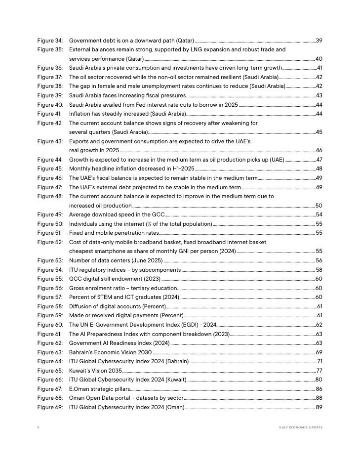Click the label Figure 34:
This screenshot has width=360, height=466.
click(x=50, y=41)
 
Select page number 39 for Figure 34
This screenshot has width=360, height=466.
click(x=319, y=41)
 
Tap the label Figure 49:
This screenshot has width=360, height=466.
click(x=50, y=214)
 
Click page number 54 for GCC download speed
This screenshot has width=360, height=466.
click(x=319, y=214)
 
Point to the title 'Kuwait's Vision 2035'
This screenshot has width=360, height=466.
click(x=95, y=370)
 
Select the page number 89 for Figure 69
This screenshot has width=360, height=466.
click(x=319, y=407)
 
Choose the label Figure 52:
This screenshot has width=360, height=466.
click(x=50, y=242)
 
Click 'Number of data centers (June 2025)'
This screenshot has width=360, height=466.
click(x=116, y=260)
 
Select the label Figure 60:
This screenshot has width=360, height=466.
click(x=50, y=325)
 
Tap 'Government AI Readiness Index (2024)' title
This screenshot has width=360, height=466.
click(x=119, y=343)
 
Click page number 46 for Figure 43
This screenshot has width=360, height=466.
click(x=319, y=150)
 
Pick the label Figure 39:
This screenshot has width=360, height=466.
click(x=50, y=95)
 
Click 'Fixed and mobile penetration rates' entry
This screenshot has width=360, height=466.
click(x=114, y=233)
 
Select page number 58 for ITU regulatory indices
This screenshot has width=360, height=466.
click(x=319, y=270)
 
